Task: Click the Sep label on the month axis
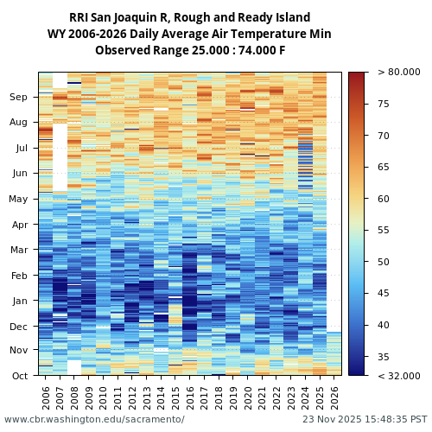click(18, 98)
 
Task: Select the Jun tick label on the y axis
click(18, 174)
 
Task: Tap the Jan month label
click(18, 302)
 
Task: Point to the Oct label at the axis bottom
click(18, 376)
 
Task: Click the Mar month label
click(18, 251)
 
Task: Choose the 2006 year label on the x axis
click(47, 397)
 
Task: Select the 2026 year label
click(334, 397)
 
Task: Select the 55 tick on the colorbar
click(384, 231)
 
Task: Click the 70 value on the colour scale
click(384, 136)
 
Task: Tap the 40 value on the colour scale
click(384, 326)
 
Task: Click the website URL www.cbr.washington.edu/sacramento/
click(94, 420)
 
